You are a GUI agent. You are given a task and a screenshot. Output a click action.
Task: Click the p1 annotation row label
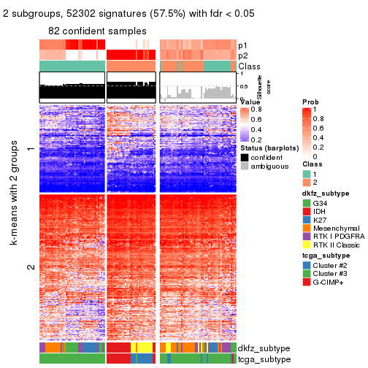pyautogui.click(x=242, y=45)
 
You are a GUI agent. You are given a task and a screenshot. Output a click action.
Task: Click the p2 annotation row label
pyautogui.click(x=242, y=55)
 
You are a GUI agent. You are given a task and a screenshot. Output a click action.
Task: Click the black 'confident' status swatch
pyautogui.click(x=244, y=157)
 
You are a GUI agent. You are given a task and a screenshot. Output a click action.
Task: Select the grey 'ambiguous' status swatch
pyautogui.click(x=244, y=166)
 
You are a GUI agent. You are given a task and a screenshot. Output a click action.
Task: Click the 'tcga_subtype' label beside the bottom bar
pyautogui.click(x=264, y=359)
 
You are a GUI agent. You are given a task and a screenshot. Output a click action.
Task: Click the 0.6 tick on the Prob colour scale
pyautogui.click(x=318, y=128)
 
